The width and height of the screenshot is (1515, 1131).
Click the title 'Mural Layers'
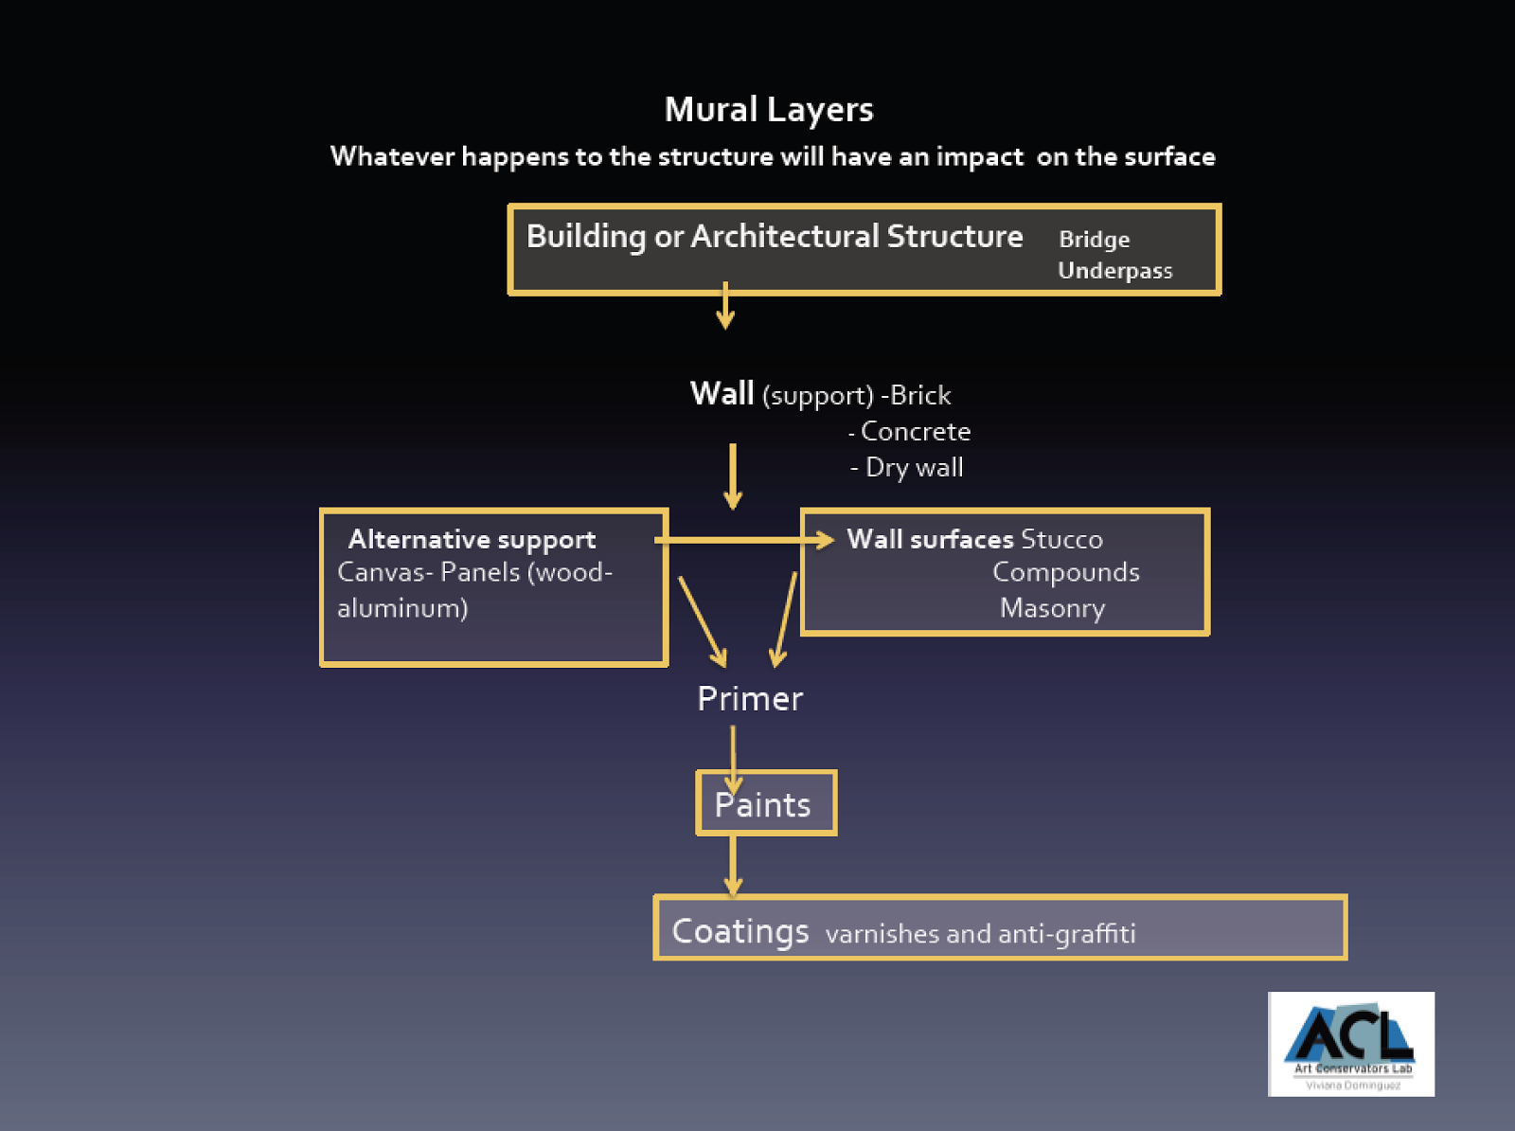pos(768,110)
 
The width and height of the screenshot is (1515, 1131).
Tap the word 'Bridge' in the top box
pos(1094,240)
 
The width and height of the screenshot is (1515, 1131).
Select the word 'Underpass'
pos(1114,271)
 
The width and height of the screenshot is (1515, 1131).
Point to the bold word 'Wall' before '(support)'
pos(722,393)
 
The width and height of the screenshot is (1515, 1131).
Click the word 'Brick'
pos(920,395)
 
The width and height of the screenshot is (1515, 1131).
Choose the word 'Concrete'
pos(915,432)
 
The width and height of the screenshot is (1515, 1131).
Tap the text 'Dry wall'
pos(914,468)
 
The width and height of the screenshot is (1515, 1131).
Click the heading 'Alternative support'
pos(472,540)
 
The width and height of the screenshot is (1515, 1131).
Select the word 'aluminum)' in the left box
pos(402,608)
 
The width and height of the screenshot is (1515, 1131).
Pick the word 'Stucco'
pos(1061,540)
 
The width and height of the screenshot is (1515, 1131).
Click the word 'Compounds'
pos(1065,573)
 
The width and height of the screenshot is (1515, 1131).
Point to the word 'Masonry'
pos(1052,608)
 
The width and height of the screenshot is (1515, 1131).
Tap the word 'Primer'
pos(750,699)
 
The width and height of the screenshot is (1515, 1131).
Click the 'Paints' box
pos(765,804)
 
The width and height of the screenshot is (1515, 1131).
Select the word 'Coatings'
pos(740,931)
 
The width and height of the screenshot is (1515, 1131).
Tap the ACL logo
pos(1350,1043)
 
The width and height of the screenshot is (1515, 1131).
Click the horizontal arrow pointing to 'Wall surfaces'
pos(743,540)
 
